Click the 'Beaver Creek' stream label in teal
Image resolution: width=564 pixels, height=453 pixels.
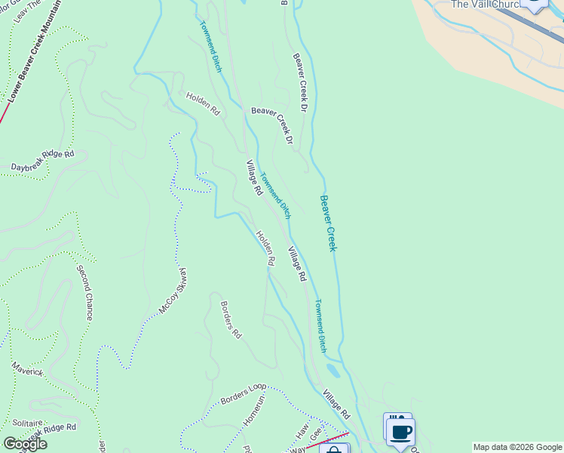coord(327,223)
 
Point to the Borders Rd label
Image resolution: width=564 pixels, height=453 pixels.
coord(231,319)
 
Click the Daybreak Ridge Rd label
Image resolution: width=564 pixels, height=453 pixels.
coord(43,161)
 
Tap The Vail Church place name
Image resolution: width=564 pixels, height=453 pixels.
coord(487,5)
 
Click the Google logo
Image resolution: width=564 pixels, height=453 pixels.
coord(25,444)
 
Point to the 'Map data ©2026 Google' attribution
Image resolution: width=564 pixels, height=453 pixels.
coord(517,447)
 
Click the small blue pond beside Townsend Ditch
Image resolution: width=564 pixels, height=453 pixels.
coord(333,371)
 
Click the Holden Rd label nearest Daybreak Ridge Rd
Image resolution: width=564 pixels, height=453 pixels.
coord(203,103)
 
